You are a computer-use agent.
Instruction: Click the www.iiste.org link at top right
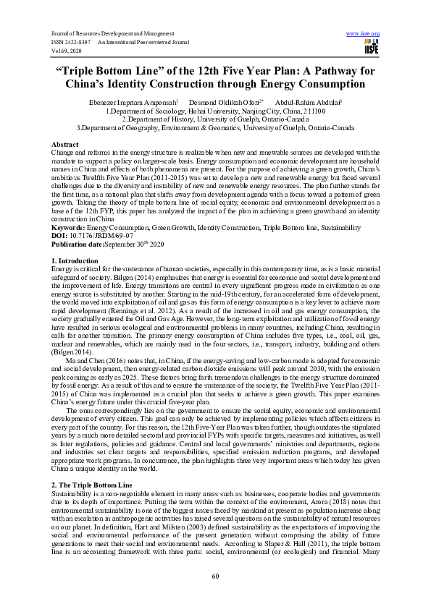coord(364,34)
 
